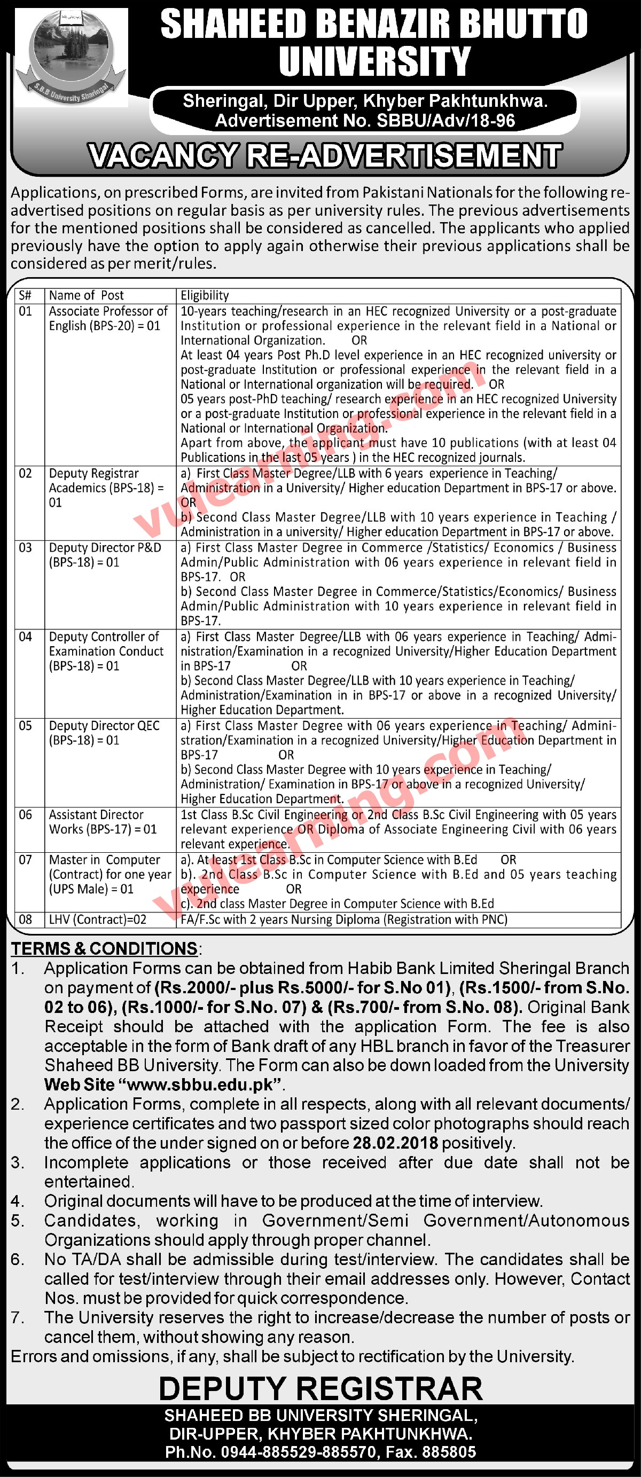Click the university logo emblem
tap(70, 58)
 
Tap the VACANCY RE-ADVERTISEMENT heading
tap(325, 156)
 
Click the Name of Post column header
tap(86, 295)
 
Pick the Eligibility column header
tap(205, 295)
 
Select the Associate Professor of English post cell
tap(108, 319)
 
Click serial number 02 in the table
tap(25, 474)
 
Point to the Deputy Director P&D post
tap(105, 555)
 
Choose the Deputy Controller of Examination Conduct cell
tap(106, 651)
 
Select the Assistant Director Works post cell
tap(102, 822)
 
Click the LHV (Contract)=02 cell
tap(97, 920)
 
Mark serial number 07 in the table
tap(25, 860)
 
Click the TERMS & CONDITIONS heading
tap(105, 949)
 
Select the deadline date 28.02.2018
tap(395, 1143)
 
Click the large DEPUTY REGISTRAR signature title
tap(320, 1389)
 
